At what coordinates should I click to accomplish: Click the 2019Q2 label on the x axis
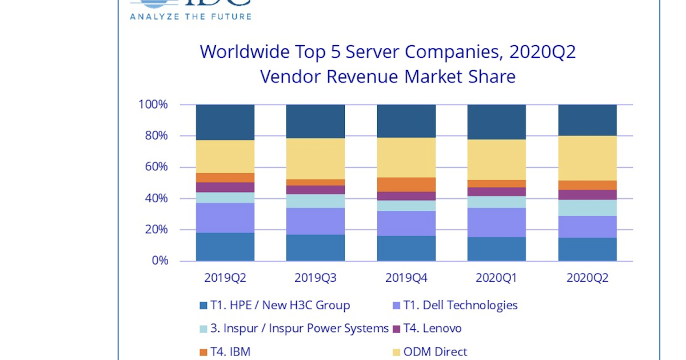point(225,278)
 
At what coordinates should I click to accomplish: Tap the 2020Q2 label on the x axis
point(587,278)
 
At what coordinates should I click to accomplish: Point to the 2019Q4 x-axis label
point(406,278)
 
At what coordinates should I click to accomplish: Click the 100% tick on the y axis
point(153,105)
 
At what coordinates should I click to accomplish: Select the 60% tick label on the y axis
point(155,167)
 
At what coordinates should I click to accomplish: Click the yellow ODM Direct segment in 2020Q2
point(587,158)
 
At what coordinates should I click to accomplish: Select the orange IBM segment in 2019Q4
point(406,185)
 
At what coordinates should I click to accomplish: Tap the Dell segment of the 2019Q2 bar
point(225,218)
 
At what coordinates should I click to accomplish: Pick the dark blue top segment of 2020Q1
point(497,122)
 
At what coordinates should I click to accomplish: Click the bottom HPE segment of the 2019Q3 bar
point(315,248)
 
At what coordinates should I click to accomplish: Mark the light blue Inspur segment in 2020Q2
point(587,207)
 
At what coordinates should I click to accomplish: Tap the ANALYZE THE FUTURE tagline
point(190,17)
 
